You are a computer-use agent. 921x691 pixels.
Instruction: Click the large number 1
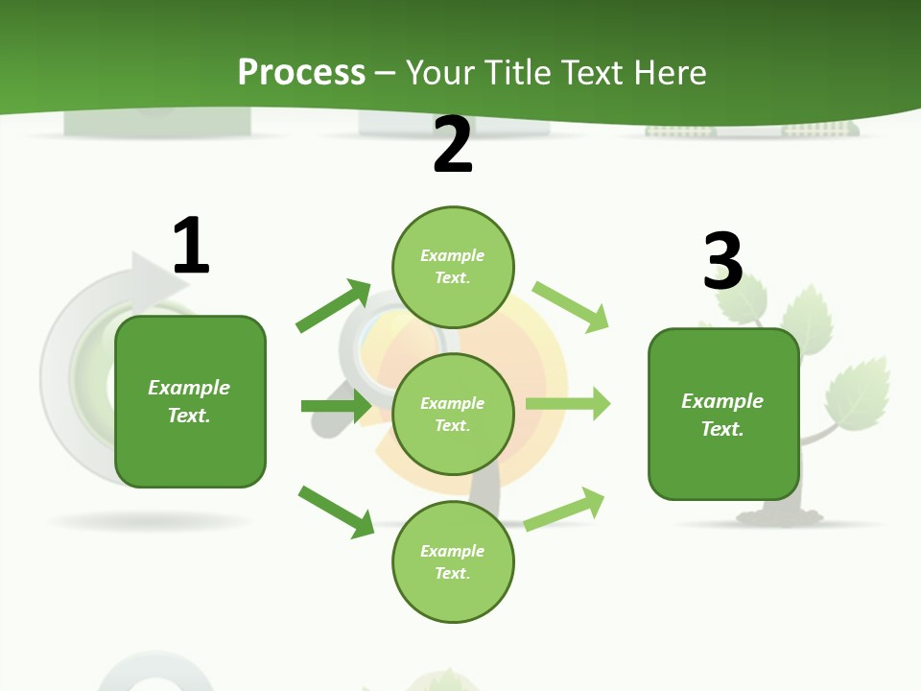190,246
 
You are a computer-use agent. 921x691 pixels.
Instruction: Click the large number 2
453,145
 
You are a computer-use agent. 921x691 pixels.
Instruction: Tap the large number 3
722,261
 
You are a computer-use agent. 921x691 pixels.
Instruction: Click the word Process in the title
301,72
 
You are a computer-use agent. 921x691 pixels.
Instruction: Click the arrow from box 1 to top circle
333,306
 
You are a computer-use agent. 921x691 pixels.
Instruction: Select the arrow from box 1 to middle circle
336,406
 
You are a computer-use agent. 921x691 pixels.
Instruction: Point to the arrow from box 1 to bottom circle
336,511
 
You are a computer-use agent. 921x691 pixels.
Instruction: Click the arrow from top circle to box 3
571,307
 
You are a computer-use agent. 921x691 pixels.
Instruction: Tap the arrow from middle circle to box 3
568,403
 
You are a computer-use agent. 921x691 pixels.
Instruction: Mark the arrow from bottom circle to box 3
564,509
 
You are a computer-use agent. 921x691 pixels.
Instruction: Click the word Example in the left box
189,388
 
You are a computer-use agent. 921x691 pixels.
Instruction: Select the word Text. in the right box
722,429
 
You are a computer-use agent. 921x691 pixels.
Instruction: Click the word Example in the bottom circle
453,551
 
